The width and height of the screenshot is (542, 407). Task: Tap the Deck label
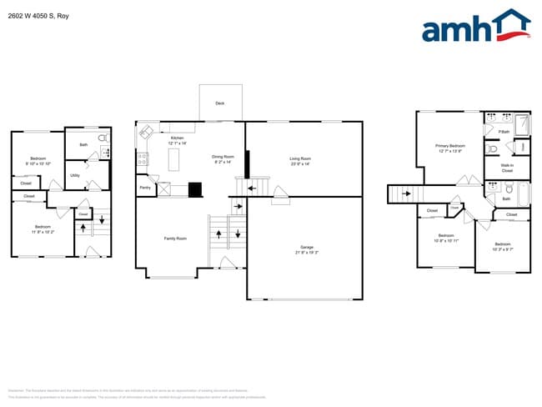click(220, 103)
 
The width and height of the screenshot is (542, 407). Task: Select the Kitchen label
click(177, 138)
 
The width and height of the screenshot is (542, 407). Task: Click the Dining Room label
click(223, 157)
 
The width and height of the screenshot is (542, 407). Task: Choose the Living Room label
click(299, 158)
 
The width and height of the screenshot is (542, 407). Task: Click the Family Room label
click(175, 239)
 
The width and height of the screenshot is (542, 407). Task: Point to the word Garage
click(307, 247)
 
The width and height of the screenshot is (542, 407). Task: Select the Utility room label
click(75, 175)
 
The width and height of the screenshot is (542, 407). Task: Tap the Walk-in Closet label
click(507, 168)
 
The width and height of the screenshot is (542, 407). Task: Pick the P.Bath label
click(504, 132)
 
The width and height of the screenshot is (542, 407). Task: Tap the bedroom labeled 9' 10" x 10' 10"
click(38, 159)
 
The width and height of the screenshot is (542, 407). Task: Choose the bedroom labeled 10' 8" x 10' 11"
click(446, 236)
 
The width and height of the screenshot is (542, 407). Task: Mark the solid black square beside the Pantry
click(195, 189)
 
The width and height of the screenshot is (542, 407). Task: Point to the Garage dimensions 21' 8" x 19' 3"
click(307, 252)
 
